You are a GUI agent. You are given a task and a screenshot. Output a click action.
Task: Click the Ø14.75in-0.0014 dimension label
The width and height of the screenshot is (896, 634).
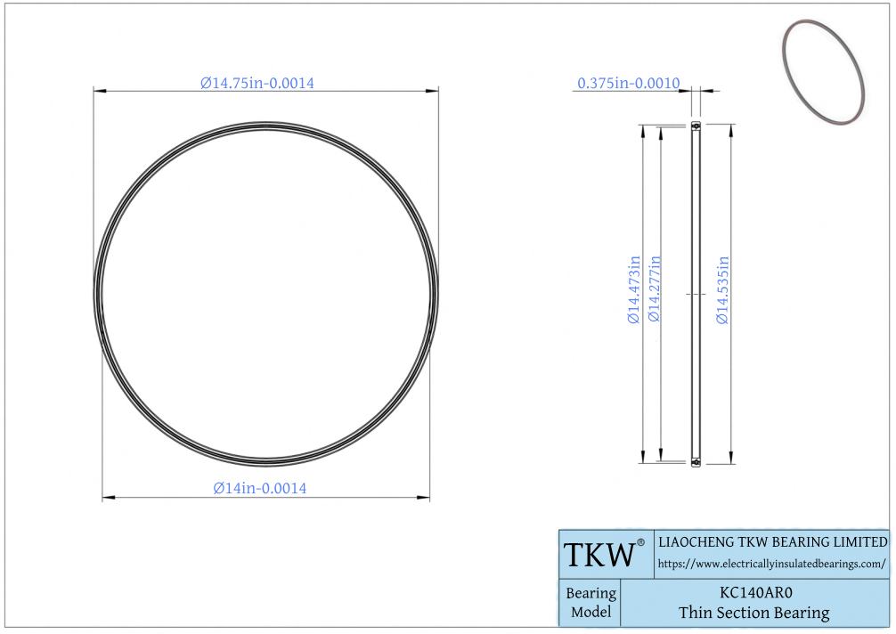tap(257, 84)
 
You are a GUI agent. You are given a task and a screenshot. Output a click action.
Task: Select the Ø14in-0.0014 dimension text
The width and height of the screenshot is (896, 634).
tap(260, 488)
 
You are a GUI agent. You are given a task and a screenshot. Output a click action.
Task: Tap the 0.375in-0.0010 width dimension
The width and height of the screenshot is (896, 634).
tap(629, 84)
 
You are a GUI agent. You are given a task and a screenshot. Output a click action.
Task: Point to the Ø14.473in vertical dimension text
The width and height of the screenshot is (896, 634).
tap(634, 289)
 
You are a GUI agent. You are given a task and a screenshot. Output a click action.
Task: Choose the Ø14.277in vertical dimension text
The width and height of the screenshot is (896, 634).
tap(654, 289)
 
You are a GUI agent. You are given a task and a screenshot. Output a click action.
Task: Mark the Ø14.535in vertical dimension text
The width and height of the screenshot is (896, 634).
tap(723, 289)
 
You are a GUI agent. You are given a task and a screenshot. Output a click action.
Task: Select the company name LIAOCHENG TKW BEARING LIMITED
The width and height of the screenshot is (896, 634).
tap(772, 542)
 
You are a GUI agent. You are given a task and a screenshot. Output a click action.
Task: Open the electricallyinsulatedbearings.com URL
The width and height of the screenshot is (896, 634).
tap(771, 565)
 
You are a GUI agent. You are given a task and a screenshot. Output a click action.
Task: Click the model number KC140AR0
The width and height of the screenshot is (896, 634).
tap(755, 592)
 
